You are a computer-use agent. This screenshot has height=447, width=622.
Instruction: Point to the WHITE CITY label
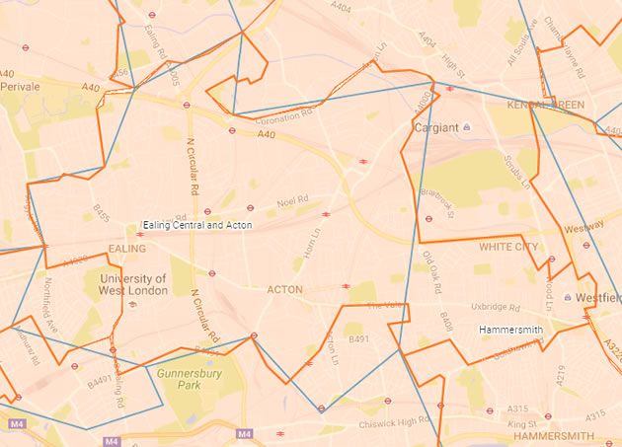coord(507,247)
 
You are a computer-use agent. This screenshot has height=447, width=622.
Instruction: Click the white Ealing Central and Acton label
coord(197,225)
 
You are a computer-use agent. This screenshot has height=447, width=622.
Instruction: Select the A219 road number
coord(560,373)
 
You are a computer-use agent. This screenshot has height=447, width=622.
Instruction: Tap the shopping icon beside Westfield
coord(568,297)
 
